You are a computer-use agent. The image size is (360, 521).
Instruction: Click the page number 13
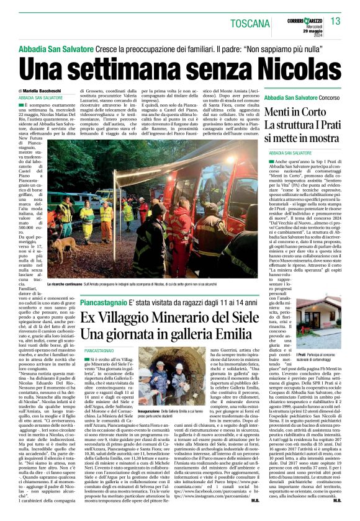[336, 22]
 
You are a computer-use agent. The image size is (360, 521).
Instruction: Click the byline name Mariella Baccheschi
[55, 91]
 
